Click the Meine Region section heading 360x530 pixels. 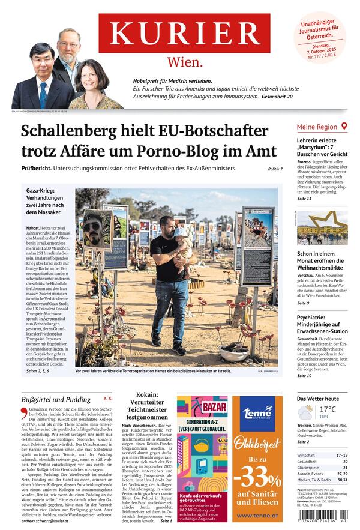pyautogui.click(x=317, y=127)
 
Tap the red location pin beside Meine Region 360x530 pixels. pyautogui.click(x=344, y=127)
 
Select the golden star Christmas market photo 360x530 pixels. pyautogui.click(x=322, y=227)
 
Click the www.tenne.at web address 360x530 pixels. pyautogui.click(x=257, y=515)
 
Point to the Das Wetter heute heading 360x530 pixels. pyautogui.click(x=318, y=399)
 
